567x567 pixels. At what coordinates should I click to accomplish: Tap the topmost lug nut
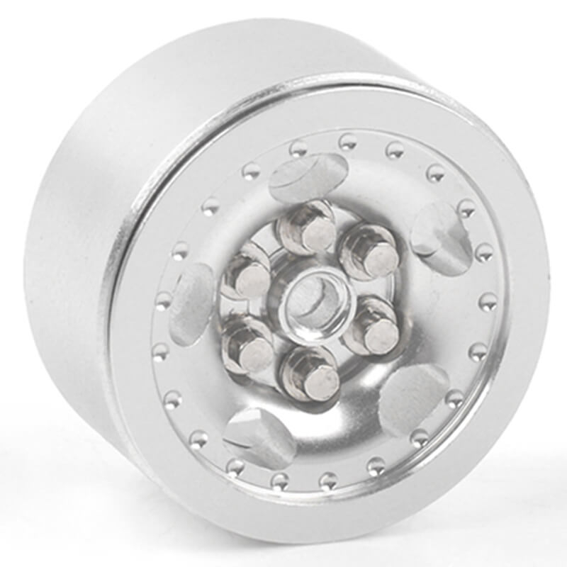click(305, 228)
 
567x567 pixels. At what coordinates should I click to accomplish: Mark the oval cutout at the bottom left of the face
click(259, 436)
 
